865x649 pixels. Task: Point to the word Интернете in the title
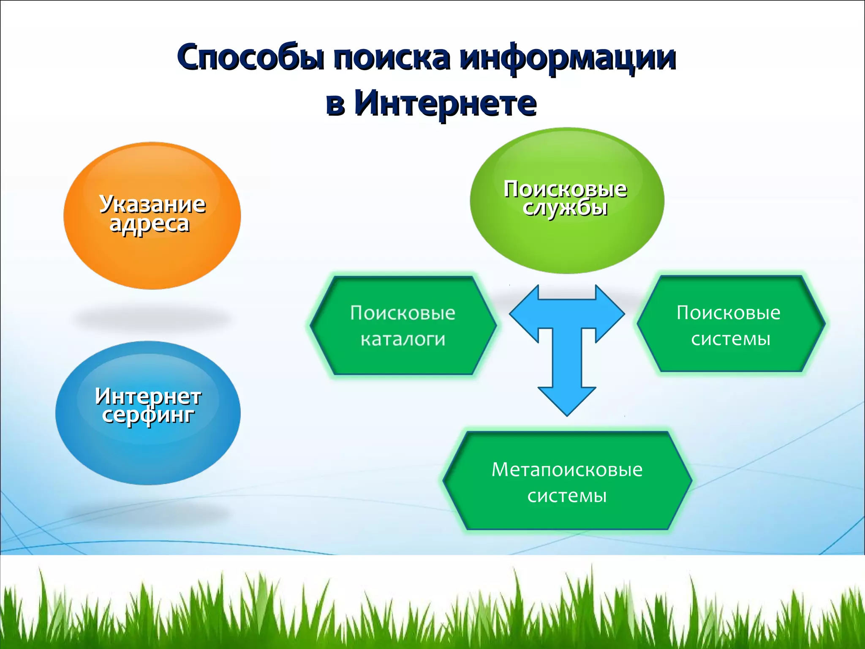[446, 104]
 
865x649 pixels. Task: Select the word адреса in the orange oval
[149, 224]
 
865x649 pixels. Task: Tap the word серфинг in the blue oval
[148, 415]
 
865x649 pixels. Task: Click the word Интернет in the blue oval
[148, 396]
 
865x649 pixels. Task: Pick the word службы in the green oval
[565, 207]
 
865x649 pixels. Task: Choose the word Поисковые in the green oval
[565, 188]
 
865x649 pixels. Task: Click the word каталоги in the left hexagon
[403, 339]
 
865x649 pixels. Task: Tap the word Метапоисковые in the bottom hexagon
[567, 469]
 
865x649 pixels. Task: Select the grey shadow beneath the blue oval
[148, 513]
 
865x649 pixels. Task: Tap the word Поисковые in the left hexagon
[403, 313]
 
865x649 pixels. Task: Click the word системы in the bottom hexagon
[567, 496]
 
